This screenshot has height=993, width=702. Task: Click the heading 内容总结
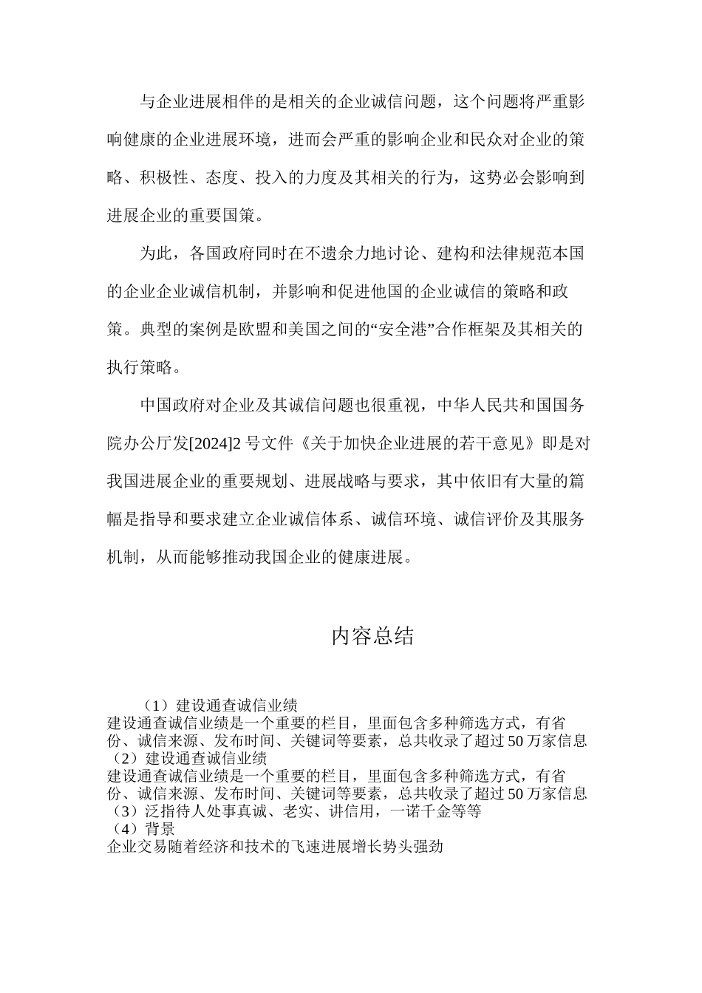(372, 636)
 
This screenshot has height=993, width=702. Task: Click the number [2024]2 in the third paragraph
(217, 443)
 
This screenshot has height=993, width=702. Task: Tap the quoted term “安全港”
(402, 330)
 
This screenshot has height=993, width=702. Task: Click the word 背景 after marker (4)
(160, 829)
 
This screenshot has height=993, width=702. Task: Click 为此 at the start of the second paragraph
(156, 253)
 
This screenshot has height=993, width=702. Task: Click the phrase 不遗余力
(338, 253)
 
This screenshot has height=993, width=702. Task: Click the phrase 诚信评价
(484, 519)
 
